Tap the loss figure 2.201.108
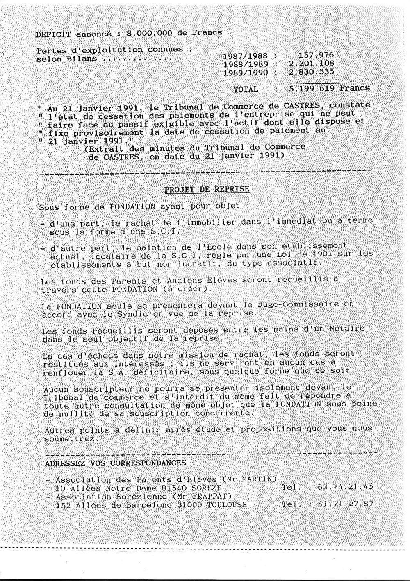(311, 64)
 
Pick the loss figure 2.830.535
(311, 72)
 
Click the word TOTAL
(246, 89)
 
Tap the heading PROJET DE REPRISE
(207, 189)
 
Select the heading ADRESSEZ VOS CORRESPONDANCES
(116, 463)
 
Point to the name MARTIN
(260, 479)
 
